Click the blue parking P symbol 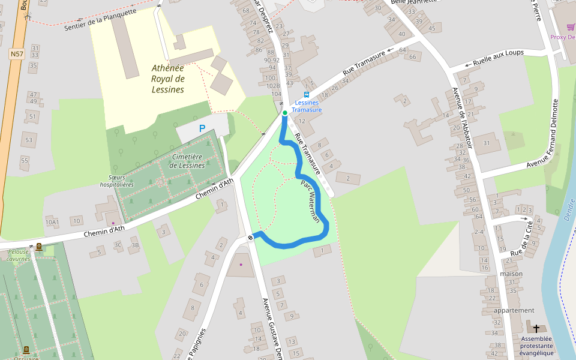[x=202, y=128]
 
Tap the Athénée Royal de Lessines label [x=167, y=79]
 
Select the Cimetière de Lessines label [x=188, y=161]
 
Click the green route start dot [x=285, y=113]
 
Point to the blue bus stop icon [x=307, y=94]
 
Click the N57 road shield [x=17, y=54]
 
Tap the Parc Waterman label [x=310, y=202]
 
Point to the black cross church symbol [x=536, y=328]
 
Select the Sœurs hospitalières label [x=117, y=181]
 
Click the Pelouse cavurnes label [x=18, y=256]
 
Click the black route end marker [x=250, y=238]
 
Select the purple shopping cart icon [x=571, y=26]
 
